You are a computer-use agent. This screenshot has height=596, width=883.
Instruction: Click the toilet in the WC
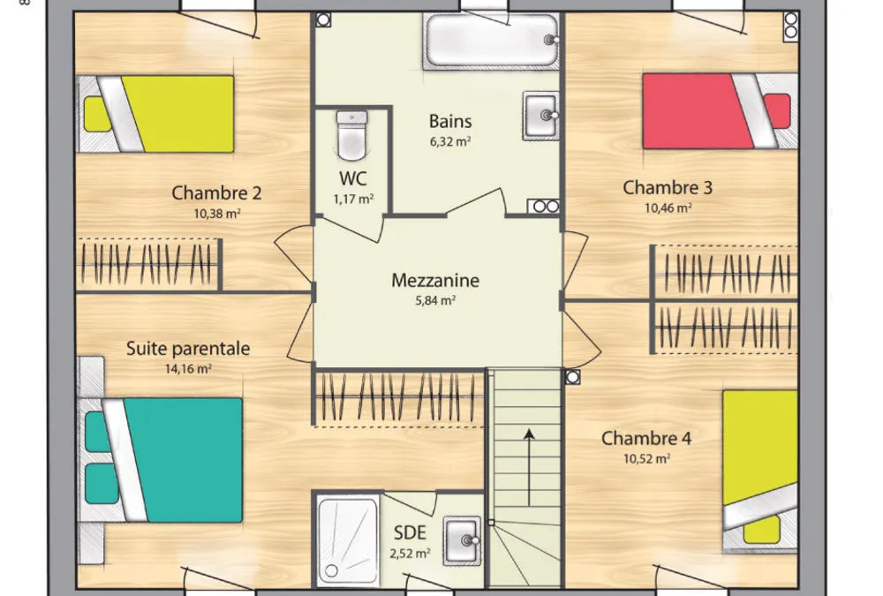pyautogui.click(x=352, y=135)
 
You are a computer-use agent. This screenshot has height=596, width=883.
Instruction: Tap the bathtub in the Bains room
pyautogui.click(x=491, y=41)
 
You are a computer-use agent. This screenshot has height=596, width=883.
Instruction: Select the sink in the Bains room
pyautogui.click(x=541, y=116)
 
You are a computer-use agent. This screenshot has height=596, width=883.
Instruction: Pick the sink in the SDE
pyautogui.click(x=463, y=540)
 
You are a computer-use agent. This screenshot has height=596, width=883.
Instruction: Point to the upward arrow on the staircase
pyautogui.click(x=529, y=467)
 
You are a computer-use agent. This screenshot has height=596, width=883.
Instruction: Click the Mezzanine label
pyautogui.click(x=435, y=280)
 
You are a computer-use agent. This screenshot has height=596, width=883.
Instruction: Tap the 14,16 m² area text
pyautogui.click(x=188, y=369)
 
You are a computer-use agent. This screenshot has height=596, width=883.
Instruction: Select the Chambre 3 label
pyautogui.click(x=668, y=187)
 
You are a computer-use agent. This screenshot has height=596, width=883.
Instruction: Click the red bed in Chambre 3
pyautogui.click(x=721, y=111)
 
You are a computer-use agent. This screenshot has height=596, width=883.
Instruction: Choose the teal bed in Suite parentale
pyautogui.click(x=160, y=460)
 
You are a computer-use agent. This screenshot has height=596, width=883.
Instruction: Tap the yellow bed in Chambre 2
pyautogui.click(x=155, y=114)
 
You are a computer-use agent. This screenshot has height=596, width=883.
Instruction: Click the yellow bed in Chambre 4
pyautogui.click(x=760, y=469)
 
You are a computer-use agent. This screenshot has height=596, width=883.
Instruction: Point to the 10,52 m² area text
pyautogui.click(x=646, y=458)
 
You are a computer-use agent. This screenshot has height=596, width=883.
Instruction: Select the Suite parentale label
pyautogui.click(x=188, y=348)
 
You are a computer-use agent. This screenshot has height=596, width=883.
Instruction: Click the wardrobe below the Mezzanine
pyautogui.click(x=399, y=397)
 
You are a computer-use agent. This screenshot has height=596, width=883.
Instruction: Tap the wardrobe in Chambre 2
pyautogui.click(x=148, y=264)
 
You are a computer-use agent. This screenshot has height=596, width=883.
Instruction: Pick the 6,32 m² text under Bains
pyautogui.click(x=450, y=140)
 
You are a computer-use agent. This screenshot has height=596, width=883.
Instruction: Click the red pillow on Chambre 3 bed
pyautogui.click(x=778, y=111)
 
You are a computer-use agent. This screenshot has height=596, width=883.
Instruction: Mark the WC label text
pyautogui.click(x=353, y=178)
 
